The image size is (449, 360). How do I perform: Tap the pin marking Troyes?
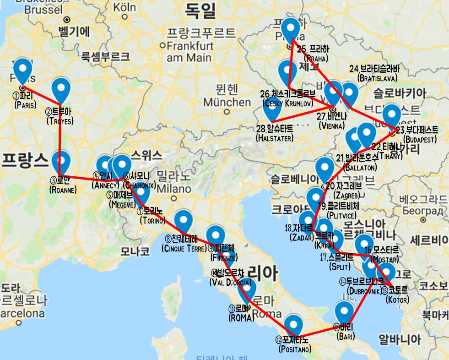click(x=60, y=89)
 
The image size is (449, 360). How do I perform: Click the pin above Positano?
click(x=294, y=324)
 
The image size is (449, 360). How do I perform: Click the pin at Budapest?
click(x=392, y=115)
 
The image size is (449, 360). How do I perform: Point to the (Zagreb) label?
click(x=340, y=195)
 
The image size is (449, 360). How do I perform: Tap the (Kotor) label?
click(x=397, y=300)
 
